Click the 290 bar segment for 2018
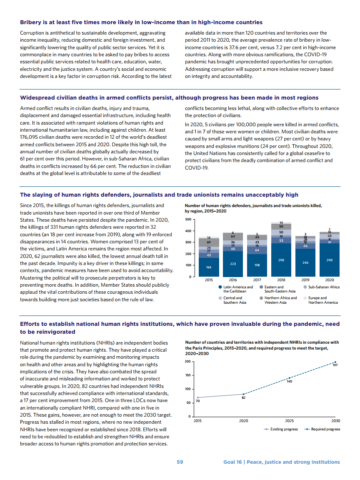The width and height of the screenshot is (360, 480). coord(281,260)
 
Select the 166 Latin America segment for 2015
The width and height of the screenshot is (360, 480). coord(209,267)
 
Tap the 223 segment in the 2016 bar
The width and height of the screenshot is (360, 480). coord(233,264)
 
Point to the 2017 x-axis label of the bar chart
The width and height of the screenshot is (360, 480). coord(257,280)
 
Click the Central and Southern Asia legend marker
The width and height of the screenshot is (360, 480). coord(220,298)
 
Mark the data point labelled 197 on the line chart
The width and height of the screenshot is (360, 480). coord(335,362)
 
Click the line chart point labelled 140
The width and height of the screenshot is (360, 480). coord(290,378)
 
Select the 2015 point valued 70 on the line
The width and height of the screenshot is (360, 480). coord(198,397)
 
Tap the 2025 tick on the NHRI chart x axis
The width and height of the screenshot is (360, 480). coord(290,421)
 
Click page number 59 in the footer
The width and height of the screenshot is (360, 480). coord(180,462)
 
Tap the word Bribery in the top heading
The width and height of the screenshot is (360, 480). coord(32,22)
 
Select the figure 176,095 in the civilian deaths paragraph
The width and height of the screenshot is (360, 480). coord(31,137)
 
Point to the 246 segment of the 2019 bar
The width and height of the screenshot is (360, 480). coord(305,262)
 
